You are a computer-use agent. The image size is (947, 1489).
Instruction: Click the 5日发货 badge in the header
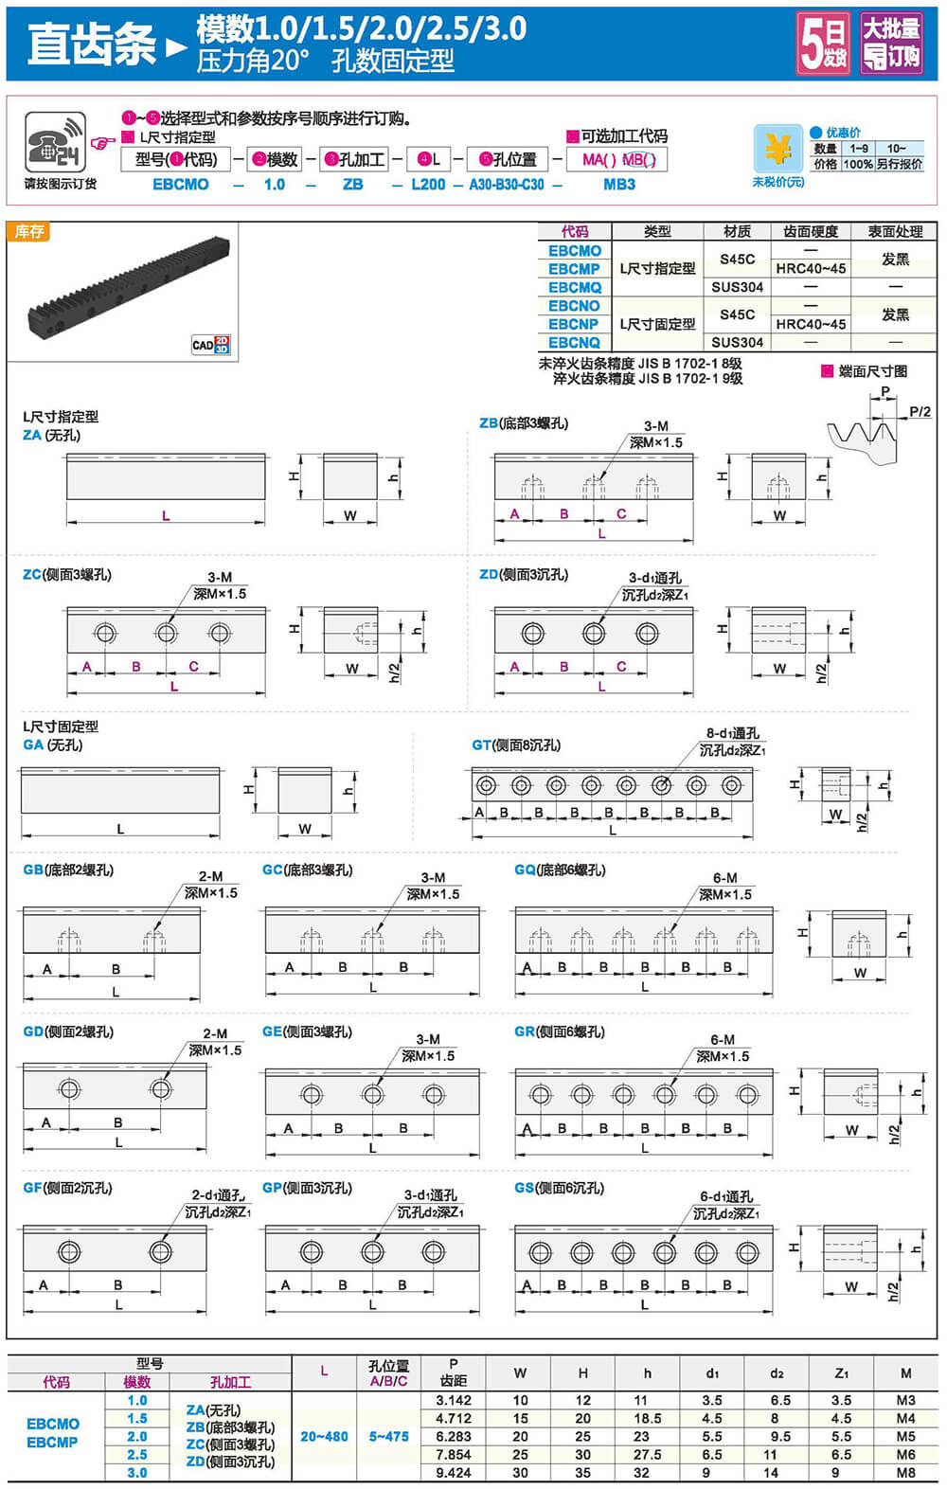[823, 44]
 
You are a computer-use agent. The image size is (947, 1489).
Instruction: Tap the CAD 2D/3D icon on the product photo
[210, 345]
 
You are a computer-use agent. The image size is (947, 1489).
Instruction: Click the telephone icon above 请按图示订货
[55, 142]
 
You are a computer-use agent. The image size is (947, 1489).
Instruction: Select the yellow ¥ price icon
[777, 150]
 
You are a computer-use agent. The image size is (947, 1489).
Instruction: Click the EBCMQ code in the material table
[574, 287]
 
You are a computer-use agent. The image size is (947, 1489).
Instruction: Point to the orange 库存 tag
[28, 231]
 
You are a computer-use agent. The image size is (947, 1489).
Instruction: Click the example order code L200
[428, 185]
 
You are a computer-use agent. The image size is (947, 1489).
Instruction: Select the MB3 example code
[619, 185]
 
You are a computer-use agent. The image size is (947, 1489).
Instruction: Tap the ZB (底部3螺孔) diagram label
[524, 423]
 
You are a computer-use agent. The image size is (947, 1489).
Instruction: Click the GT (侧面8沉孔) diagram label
[516, 745]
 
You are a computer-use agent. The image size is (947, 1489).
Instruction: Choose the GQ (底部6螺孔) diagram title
[560, 870]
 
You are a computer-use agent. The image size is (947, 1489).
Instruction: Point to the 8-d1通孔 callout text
[732, 733]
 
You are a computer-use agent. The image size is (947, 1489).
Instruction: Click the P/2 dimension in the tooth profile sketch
[920, 411]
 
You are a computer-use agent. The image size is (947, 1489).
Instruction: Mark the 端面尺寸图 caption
[872, 371]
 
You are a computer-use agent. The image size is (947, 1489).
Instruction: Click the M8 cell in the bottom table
[905, 1473]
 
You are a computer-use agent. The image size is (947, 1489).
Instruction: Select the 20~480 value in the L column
[324, 1437]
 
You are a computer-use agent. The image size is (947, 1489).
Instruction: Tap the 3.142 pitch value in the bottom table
[454, 1400]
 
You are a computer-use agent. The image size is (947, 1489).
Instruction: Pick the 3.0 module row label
[137, 1473]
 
